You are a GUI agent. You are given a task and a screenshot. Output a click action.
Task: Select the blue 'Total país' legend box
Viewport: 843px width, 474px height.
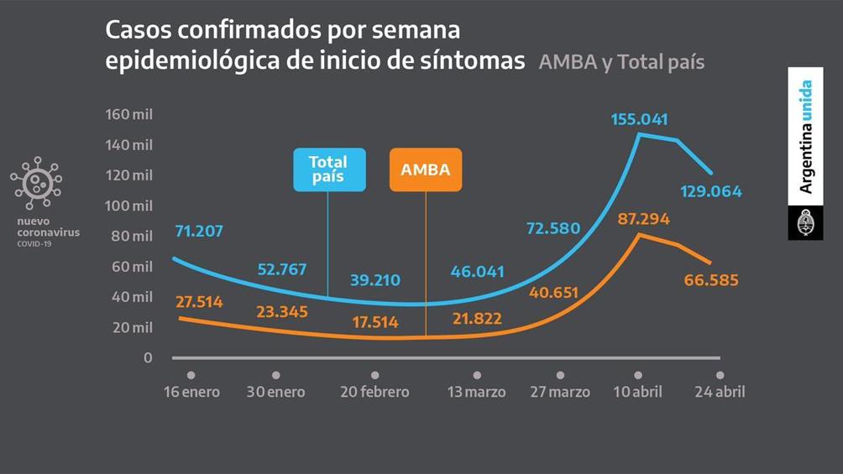click(x=329, y=169)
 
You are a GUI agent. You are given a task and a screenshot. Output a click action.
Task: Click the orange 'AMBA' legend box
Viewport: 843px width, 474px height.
click(x=426, y=169)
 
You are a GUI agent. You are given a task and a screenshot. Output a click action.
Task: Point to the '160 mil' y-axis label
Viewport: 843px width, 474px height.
click(x=129, y=114)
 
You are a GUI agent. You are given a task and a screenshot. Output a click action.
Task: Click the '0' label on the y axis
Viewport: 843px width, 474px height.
click(x=148, y=358)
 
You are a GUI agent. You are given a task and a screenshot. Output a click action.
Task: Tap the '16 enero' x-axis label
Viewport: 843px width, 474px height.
click(x=191, y=392)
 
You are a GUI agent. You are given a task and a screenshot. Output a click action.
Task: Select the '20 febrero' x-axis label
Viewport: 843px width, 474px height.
click(x=374, y=392)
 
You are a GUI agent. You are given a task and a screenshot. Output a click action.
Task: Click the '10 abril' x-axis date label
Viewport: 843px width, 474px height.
click(x=637, y=392)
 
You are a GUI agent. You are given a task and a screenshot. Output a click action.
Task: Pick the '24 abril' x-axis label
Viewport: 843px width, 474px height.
click(x=719, y=392)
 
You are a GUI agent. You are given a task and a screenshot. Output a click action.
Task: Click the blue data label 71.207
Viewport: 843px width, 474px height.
click(x=199, y=230)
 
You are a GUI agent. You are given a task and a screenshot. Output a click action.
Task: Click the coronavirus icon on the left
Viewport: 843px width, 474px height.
click(x=35, y=183)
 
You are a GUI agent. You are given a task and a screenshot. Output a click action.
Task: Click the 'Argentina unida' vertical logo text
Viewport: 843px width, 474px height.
click(x=806, y=137)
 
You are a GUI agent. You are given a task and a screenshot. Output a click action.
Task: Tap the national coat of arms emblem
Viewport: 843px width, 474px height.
click(x=805, y=223)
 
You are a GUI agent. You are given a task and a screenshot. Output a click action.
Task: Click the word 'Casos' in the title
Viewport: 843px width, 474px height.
click(x=134, y=30)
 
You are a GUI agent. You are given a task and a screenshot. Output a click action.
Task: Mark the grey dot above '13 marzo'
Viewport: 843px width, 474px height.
click(x=477, y=375)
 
